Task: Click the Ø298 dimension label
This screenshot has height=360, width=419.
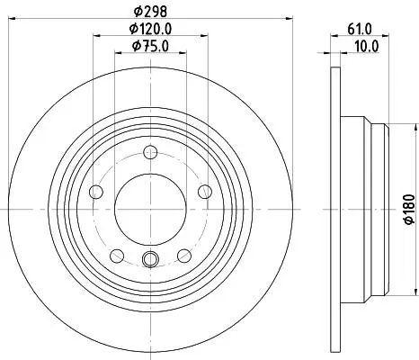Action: tap(150, 12)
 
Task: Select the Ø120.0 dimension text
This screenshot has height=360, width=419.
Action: tap(150, 29)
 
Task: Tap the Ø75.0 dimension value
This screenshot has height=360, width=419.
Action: tap(150, 46)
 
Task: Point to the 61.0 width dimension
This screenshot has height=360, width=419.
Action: tap(360, 30)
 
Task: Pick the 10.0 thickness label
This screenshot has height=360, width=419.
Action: tap(367, 47)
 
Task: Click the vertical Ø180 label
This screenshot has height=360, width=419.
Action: tap(409, 209)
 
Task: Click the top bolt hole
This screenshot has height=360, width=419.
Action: tap(150, 152)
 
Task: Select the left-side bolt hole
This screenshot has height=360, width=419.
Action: tap(96, 192)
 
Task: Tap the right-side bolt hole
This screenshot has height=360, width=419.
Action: tap(205, 192)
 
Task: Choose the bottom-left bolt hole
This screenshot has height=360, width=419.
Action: tap(117, 256)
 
